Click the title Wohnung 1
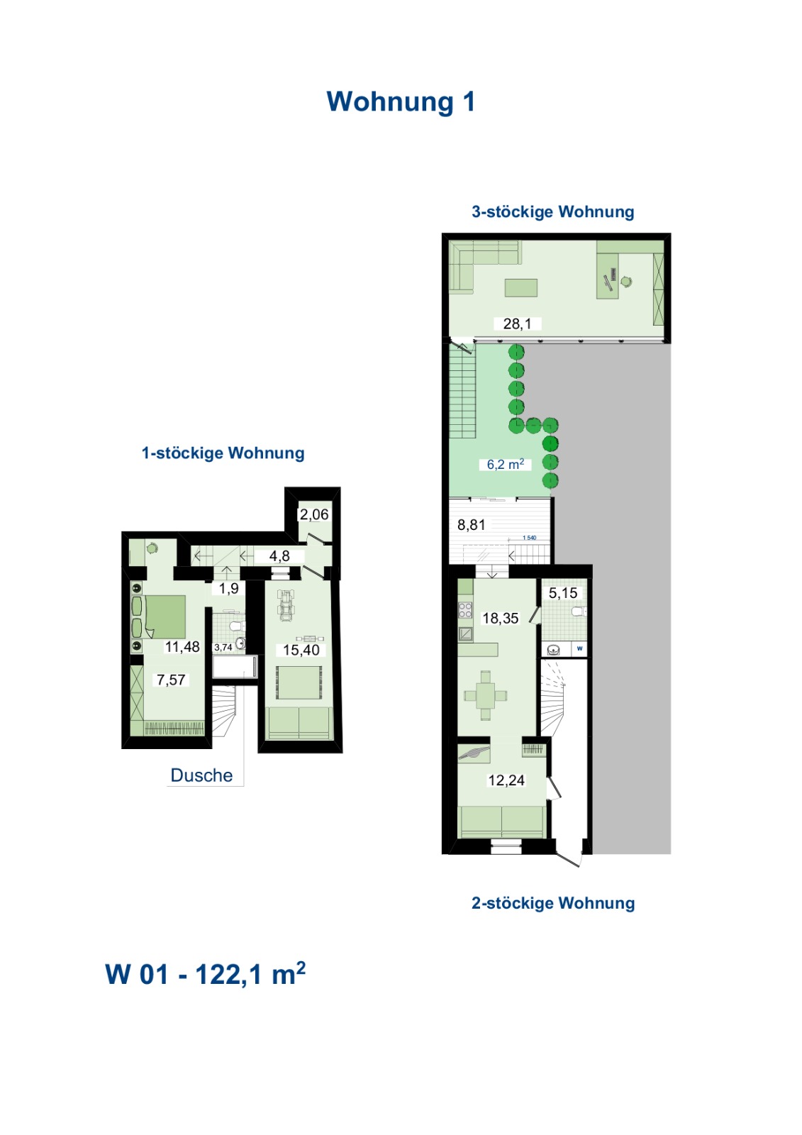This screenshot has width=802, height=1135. pos(401,102)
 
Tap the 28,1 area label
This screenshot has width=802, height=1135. pos(517,323)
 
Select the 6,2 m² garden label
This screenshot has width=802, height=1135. pos(505,464)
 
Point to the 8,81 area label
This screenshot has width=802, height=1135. pos(471,525)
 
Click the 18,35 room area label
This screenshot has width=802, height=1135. pos(500,618)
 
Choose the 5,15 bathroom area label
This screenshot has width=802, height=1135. pos(563,593)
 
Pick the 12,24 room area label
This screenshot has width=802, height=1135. pos(506,780)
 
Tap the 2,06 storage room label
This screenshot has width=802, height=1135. pos(314,514)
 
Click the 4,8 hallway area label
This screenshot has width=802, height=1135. pos(279,556)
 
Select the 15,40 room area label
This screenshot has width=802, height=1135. pos(301,650)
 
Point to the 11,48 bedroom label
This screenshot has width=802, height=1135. pos(182,646)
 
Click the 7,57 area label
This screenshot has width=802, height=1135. pos(171,680)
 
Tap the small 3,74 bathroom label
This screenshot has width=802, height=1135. pos(223,648)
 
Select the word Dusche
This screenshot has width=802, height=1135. pos(201,775)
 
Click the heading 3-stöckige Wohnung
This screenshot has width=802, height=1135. pos(552,212)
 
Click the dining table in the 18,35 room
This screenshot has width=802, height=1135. pos(485,695)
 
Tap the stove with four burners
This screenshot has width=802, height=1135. pos(465,610)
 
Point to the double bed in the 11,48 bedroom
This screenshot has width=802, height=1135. pos(165,616)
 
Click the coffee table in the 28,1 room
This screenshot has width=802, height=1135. pos(520,288)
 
